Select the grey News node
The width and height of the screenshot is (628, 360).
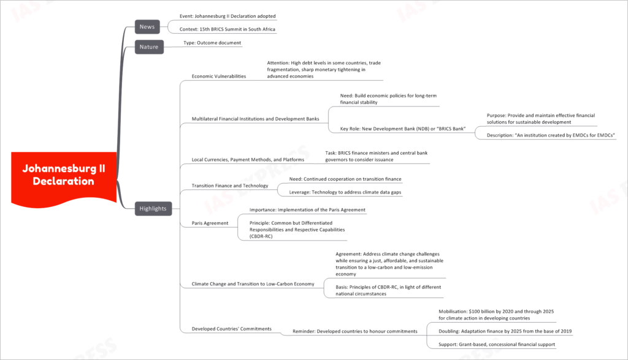(147, 27)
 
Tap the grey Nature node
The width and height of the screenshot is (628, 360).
(149, 47)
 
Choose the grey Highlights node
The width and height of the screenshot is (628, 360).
(153, 208)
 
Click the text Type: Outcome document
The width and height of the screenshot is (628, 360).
(212, 43)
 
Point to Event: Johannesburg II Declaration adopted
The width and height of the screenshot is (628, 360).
(228, 17)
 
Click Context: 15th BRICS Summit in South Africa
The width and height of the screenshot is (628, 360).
(227, 29)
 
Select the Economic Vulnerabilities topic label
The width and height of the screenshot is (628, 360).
(219, 77)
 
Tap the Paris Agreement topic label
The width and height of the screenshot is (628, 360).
(210, 223)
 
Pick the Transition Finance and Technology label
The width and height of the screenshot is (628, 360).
(230, 186)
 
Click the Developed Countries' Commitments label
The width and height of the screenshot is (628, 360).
(231, 329)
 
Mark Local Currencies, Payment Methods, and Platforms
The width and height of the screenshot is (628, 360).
(248, 160)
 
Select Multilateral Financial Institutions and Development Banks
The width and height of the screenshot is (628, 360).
(255, 119)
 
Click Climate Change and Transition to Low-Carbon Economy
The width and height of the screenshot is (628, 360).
(253, 284)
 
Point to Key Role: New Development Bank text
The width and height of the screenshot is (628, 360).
(403, 129)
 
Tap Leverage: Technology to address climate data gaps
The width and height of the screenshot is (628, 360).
(345, 192)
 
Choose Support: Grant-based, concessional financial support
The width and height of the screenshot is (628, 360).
(497, 345)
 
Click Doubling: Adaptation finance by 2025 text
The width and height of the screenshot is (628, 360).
(505, 331)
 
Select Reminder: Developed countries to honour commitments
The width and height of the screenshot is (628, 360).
(355, 331)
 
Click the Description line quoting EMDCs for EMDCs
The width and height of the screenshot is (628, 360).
(551, 135)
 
